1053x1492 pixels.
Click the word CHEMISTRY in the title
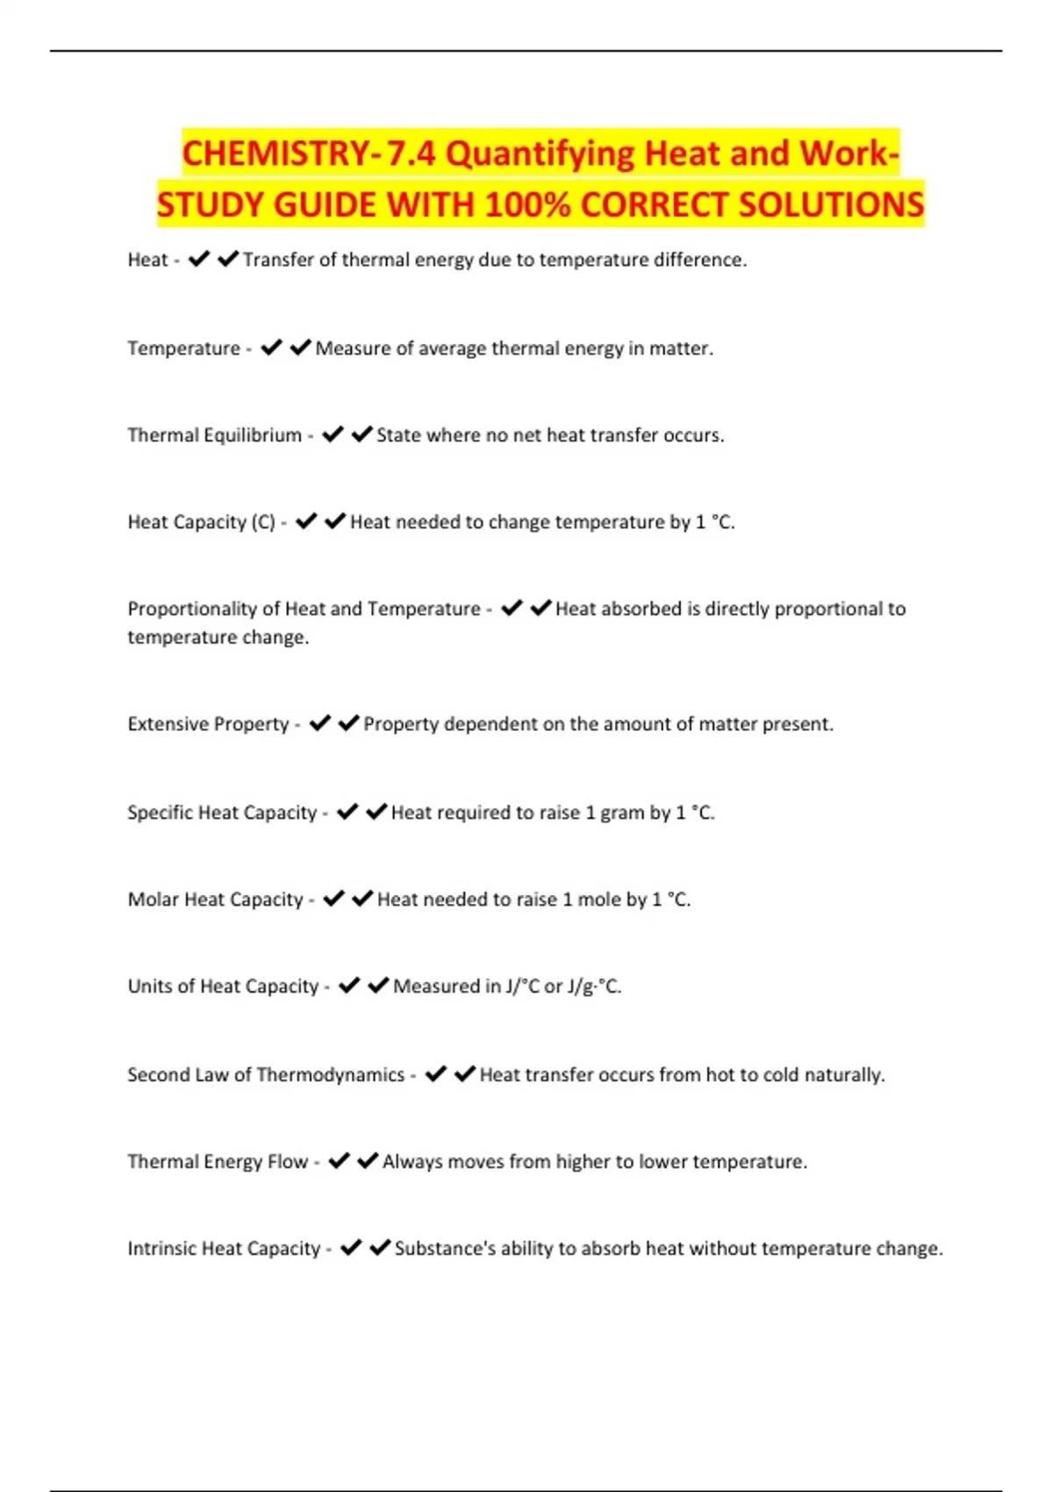(x=276, y=154)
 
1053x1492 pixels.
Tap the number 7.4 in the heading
(x=411, y=154)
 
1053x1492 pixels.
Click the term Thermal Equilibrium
(x=214, y=435)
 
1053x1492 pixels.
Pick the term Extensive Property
(x=208, y=724)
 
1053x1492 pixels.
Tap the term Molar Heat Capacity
(x=215, y=900)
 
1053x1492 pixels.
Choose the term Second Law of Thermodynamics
(x=266, y=1075)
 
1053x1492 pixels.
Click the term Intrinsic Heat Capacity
(x=224, y=1249)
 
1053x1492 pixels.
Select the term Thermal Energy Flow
(x=218, y=1162)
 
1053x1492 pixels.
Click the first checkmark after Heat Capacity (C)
(x=306, y=522)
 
